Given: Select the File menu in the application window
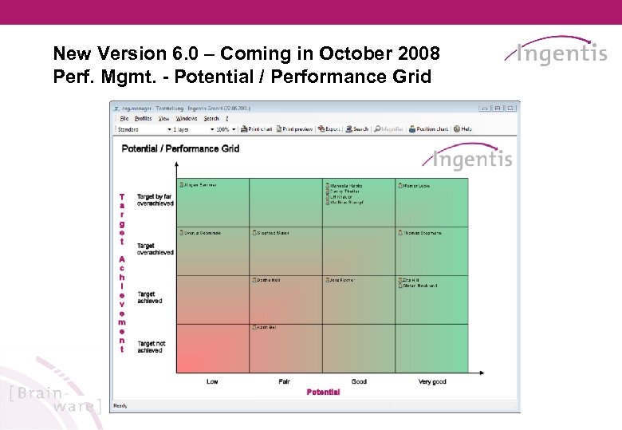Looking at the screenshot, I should click(124, 118).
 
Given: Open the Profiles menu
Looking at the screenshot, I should click(143, 118).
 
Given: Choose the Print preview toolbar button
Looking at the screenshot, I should click(294, 128).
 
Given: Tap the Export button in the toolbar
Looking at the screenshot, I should click(329, 128).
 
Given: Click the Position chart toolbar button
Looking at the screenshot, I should click(429, 128).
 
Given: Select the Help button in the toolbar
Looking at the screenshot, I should click(463, 128).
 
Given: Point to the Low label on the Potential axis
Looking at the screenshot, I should click(212, 381).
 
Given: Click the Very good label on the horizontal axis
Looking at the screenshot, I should click(432, 381).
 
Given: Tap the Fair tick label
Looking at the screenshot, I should click(284, 381).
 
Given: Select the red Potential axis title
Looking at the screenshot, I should click(323, 392).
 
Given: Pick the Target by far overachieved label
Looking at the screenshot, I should click(155, 199).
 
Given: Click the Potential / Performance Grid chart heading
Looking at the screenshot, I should click(181, 148).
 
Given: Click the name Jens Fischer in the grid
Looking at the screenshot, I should click(341, 280).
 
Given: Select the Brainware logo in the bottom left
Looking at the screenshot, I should click(54, 400).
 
